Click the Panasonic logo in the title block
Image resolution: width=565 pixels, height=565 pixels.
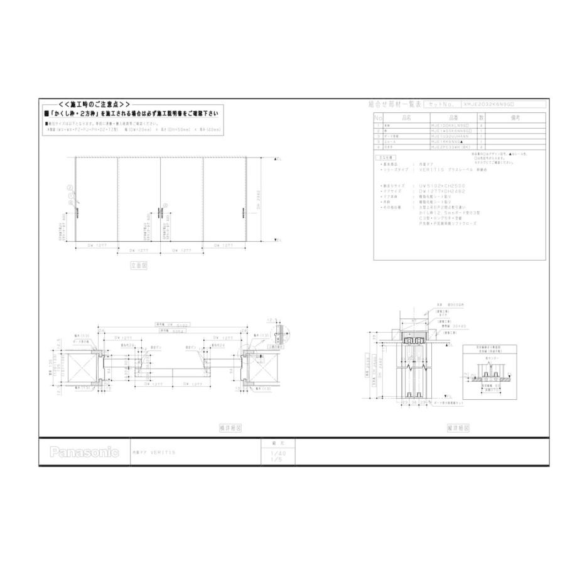pos(84,452)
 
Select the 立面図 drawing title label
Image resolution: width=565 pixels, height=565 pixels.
pos(138,266)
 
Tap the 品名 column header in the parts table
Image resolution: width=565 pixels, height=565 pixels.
pos(406,117)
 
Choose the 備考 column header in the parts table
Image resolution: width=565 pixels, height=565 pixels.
pos(516,117)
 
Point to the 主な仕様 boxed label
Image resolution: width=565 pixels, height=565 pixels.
pos(386,158)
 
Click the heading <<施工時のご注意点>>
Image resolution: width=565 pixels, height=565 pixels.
pos(94,104)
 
